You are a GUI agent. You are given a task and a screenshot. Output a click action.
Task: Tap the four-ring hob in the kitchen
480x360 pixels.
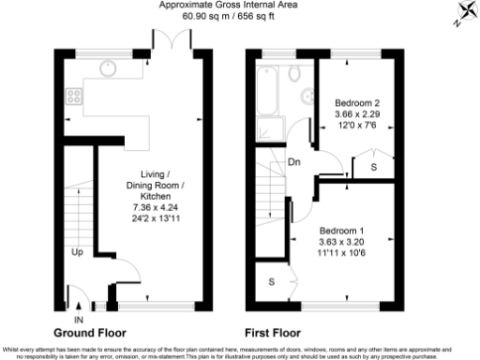pyautogui.click(x=76, y=97)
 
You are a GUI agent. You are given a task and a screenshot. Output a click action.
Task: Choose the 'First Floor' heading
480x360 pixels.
pyautogui.click(x=272, y=333)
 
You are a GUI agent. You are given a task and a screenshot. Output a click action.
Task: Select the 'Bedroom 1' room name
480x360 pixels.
pyautogui.click(x=340, y=231)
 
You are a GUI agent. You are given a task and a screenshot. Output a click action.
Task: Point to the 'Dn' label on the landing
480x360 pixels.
pyautogui.click(x=293, y=160)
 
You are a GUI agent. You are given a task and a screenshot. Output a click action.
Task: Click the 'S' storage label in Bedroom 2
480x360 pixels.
pyautogui.click(x=373, y=167)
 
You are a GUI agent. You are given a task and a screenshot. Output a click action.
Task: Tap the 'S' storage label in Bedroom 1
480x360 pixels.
pyautogui.click(x=273, y=280)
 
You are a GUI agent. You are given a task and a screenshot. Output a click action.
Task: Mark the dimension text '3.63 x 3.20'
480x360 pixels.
pyautogui.click(x=340, y=242)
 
